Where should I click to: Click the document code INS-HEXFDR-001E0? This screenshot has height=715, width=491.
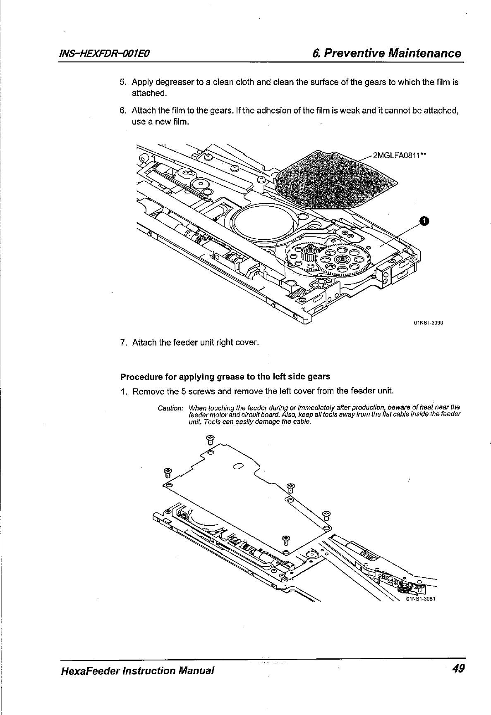[105, 53]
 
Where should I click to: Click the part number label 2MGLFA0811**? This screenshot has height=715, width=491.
[399, 155]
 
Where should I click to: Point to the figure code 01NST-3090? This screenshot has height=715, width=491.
[428, 323]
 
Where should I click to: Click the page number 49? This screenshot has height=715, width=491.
[458, 668]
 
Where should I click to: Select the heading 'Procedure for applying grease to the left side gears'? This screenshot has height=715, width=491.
[225, 377]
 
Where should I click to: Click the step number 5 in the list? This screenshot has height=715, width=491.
[123, 82]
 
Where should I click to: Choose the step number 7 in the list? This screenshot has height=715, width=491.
[123, 343]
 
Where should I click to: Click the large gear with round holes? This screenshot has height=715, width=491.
[342, 260]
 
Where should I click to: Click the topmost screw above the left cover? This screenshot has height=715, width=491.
[210, 439]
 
